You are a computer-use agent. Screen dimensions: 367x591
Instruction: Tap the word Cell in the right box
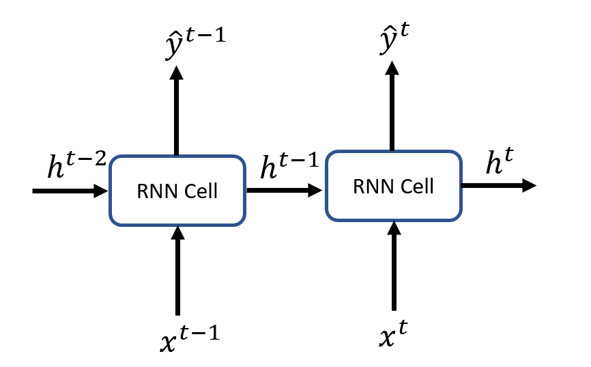[x=416, y=185]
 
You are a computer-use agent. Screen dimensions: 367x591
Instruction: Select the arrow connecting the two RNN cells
[x=284, y=191]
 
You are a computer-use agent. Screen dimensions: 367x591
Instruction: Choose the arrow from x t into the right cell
[x=393, y=267]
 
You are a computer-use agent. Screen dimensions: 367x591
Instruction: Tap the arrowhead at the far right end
[x=529, y=185]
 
